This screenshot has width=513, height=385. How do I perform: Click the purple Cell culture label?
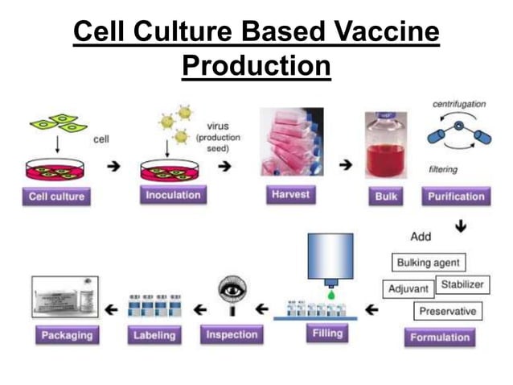56,196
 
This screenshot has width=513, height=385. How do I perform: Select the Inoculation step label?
173,195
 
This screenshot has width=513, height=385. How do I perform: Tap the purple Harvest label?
290,195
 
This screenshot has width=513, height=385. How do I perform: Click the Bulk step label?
386,196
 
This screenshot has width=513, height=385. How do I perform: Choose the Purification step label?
456,196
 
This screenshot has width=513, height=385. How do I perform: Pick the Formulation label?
439,337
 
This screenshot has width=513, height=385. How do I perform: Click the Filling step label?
326,333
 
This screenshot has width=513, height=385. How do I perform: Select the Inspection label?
231,334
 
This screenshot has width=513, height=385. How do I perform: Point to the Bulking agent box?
429,263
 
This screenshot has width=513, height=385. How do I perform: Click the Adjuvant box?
408,288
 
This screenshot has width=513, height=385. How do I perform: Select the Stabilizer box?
462,284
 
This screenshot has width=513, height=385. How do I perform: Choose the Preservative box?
448,310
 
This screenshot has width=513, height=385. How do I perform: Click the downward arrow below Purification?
460,227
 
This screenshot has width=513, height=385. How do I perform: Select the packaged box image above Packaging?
64,297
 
